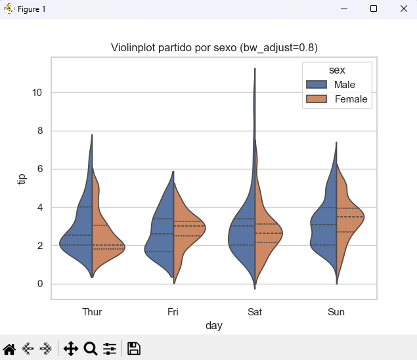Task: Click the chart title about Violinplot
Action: [x=214, y=49]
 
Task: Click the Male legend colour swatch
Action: [x=317, y=85]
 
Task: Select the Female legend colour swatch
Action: [x=317, y=99]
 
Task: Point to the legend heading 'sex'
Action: [x=338, y=70]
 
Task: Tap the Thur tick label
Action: [x=92, y=312]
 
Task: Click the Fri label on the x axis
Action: [x=173, y=312]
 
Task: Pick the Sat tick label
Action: [x=255, y=312]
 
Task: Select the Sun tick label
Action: [x=336, y=312]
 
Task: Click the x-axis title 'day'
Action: [x=213, y=325]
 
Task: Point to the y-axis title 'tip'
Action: [x=22, y=179]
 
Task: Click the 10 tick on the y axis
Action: [x=37, y=93]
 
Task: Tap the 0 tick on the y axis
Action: [x=39, y=284]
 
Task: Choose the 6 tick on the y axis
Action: [x=39, y=169]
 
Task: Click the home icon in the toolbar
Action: [x=9, y=349]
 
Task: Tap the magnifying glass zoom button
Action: [x=91, y=349]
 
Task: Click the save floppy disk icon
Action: [x=133, y=349]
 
